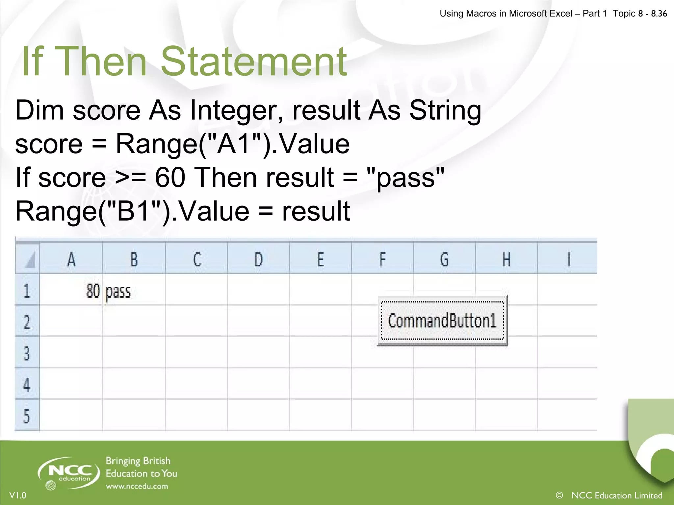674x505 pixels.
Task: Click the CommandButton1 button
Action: click(442, 321)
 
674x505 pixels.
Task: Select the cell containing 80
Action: click(71, 290)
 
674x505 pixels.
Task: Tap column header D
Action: click(258, 259)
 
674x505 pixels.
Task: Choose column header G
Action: click(444, 259)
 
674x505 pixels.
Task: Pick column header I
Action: click(568, 259)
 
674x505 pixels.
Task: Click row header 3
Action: click(27, 353)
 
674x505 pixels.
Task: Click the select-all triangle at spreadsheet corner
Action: click(29, 261)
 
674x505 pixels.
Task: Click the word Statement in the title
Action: click(253, 62)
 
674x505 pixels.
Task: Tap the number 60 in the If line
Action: click(170, 178)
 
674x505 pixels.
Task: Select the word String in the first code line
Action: click(445, 110)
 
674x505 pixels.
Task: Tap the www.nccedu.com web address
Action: click(137, 487)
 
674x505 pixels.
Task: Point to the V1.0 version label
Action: click(18, 495)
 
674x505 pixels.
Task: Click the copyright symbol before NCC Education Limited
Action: click(559, 495)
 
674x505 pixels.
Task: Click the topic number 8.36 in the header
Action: click(659, 14)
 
